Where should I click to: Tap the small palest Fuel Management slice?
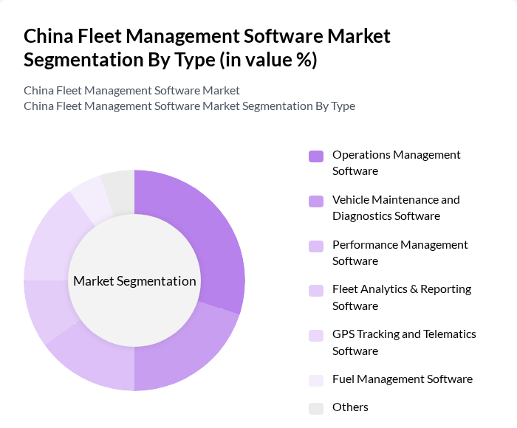[90, 198]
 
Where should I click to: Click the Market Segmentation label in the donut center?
[134, 281]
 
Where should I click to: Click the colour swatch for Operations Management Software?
[316, 156]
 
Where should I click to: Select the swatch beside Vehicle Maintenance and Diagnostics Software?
[316, 201]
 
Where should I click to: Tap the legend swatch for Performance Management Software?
[316, 246]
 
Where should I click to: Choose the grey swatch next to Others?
[316, 408]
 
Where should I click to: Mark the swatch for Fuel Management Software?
[316, 380]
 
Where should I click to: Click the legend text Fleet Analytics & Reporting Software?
[401, 297]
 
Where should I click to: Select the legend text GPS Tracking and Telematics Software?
[404, 342]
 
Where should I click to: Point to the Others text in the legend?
[350, 407]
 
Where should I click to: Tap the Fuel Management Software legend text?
[402, 379]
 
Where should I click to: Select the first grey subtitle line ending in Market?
[131, 90]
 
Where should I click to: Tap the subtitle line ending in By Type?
[189, 106]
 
